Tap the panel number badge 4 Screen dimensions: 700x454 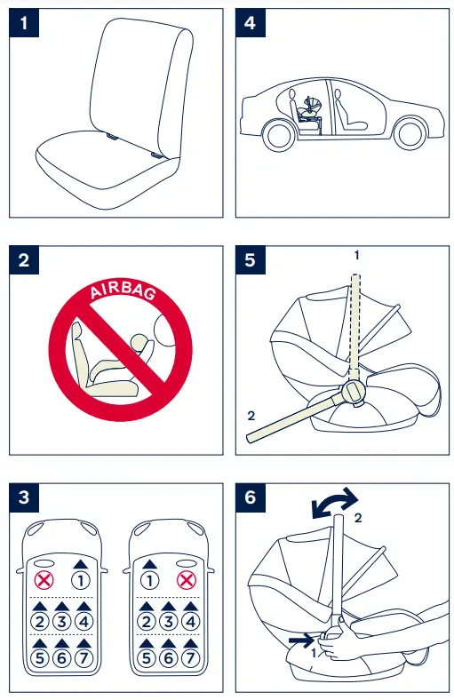pyautogui.click(x=251, y=24)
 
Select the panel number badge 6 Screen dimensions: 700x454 pyautogui.click(x=251, y=497)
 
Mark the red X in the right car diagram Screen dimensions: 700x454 pyautogui.click(x=186, y=580)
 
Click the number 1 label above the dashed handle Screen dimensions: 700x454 pyautogui.click(x=356, y=255)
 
